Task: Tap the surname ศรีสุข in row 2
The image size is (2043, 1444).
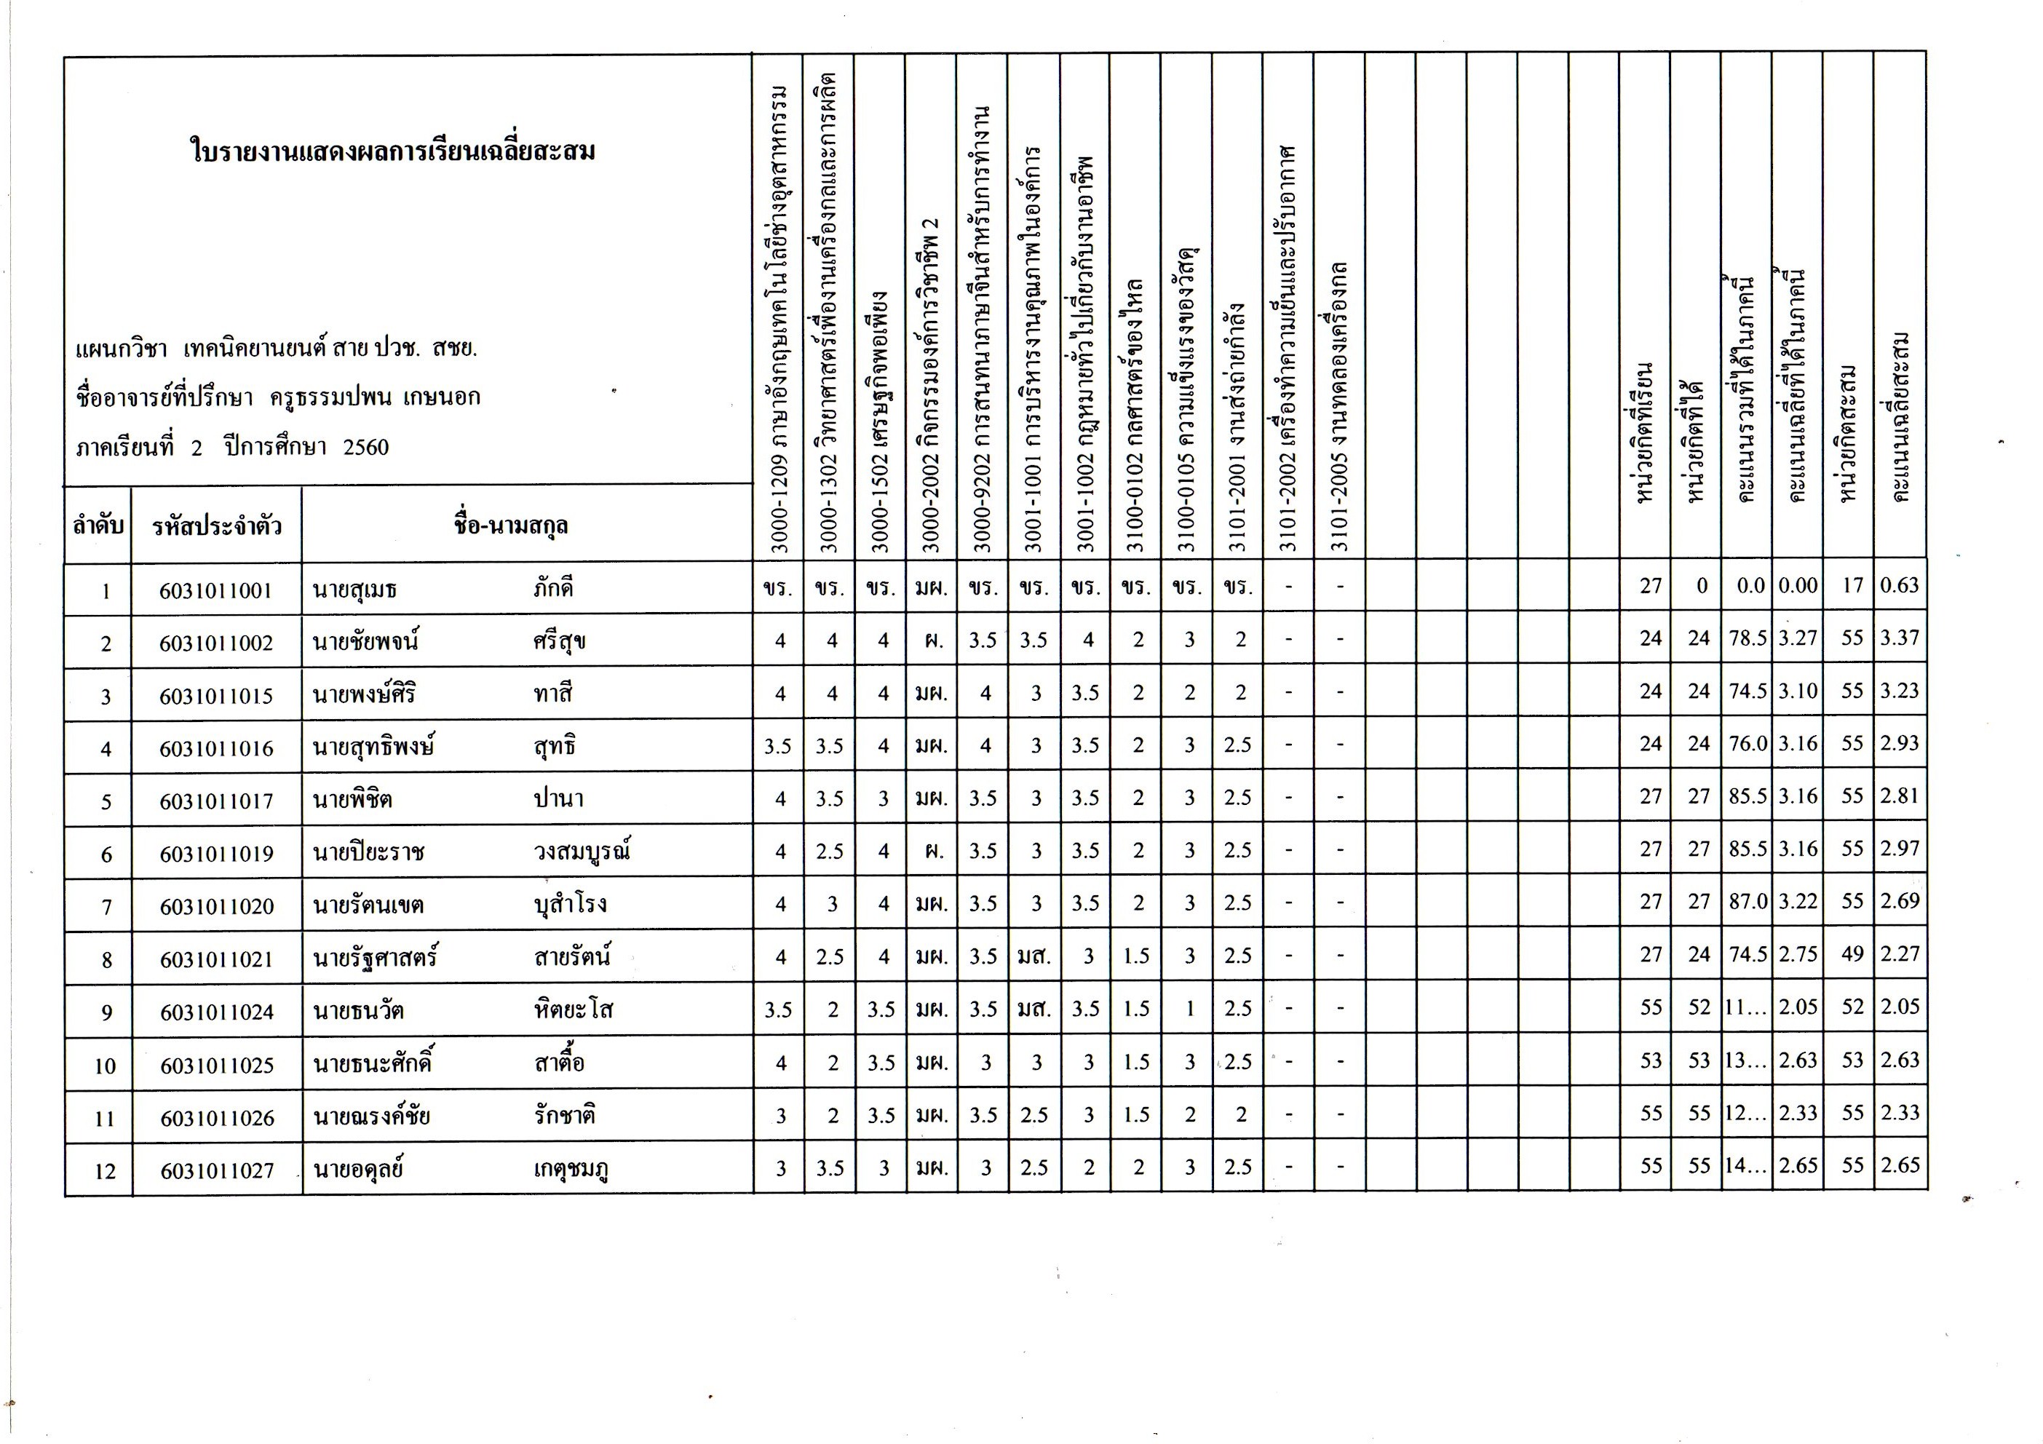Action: pyautogui.click(x=559, y=641)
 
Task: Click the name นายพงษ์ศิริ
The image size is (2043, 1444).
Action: pyautogui.click(x=364, y=694)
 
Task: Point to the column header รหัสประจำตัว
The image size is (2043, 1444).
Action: pyautogui.click(x=216, y=525)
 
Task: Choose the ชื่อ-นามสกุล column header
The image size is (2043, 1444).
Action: pyautogui.click(x=511, y=525)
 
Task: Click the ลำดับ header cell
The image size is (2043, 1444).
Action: pyautogui.click(x=98, y=525)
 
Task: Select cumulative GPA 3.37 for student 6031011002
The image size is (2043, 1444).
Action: pyautogui.click(x=1899, y=638)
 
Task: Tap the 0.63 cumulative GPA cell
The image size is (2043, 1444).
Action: pyautogui.click(x=1899, y=585)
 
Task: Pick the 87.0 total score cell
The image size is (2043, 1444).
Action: pyautogui.click(x=1747, y=901)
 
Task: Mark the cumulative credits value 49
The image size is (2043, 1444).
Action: pyautogui.click(x=1852, y=953)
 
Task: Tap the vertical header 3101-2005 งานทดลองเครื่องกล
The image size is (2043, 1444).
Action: pyautogui.click(x=1340, y=405)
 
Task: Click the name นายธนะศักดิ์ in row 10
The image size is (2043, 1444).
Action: pyautogui.click(x=373, y=1064)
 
